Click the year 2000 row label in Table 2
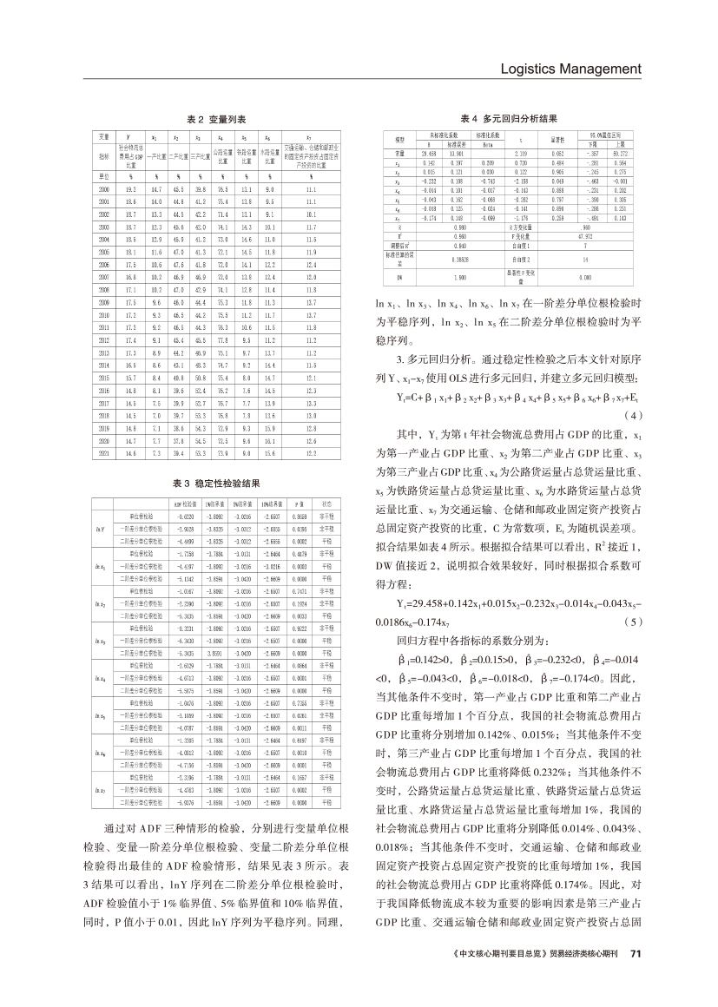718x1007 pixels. (104, 188)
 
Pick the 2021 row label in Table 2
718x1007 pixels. (104, 453)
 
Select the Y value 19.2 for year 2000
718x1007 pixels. (132, 188)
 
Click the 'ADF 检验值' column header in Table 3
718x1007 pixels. (185, 503)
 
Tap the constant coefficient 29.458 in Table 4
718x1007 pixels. (428, 153)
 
